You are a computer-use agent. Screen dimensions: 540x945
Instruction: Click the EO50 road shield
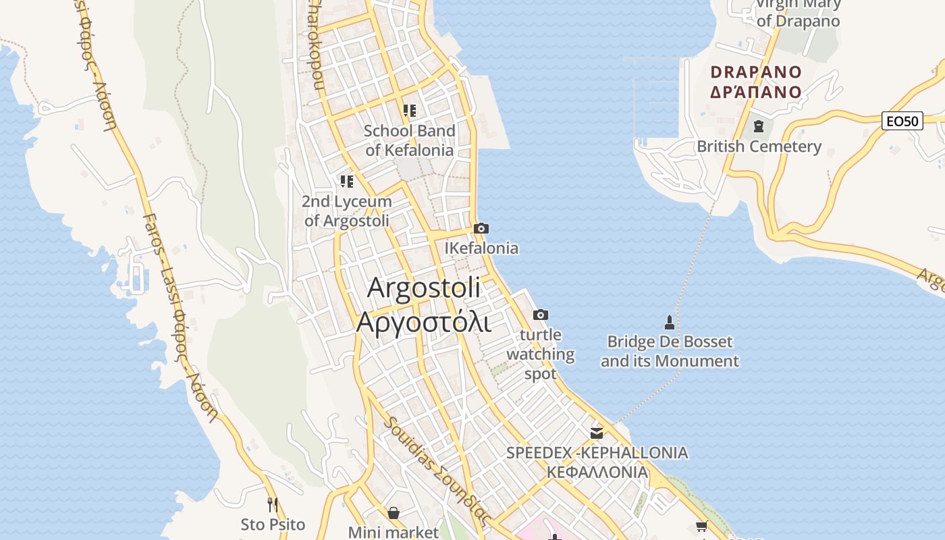point(902,122)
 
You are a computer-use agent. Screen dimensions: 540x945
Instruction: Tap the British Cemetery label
point(759,146)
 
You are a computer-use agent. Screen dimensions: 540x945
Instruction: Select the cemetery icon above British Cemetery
point(759,126)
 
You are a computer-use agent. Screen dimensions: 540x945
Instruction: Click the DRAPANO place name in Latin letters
point(756,72)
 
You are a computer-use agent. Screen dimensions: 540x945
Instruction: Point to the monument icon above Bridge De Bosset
point(669,321)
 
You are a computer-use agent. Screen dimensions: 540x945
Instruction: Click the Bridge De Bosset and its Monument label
point(670,351)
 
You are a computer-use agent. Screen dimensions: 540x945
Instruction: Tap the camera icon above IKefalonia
point(481,229)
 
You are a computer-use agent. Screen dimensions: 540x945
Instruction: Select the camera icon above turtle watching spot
point(540,315)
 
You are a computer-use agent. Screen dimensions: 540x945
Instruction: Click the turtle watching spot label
point(540,354)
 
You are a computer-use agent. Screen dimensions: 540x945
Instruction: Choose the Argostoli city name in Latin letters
point(424,288)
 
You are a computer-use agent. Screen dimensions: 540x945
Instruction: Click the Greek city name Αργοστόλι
point(423,322)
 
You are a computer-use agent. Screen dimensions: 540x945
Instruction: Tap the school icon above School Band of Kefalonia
point(409,110)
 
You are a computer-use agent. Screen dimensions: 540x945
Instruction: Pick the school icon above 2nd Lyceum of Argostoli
point(347,181)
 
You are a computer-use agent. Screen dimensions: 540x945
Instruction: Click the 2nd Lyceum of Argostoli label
point(347,211)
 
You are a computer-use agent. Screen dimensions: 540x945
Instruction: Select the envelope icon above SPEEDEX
point(597,433)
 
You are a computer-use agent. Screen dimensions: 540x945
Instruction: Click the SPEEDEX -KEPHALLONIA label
point(597,462)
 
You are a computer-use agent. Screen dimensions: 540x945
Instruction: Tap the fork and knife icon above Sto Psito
point(273,504)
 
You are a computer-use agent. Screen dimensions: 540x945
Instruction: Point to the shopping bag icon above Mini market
point(394,513)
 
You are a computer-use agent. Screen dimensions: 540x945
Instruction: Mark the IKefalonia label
point(481,248)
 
